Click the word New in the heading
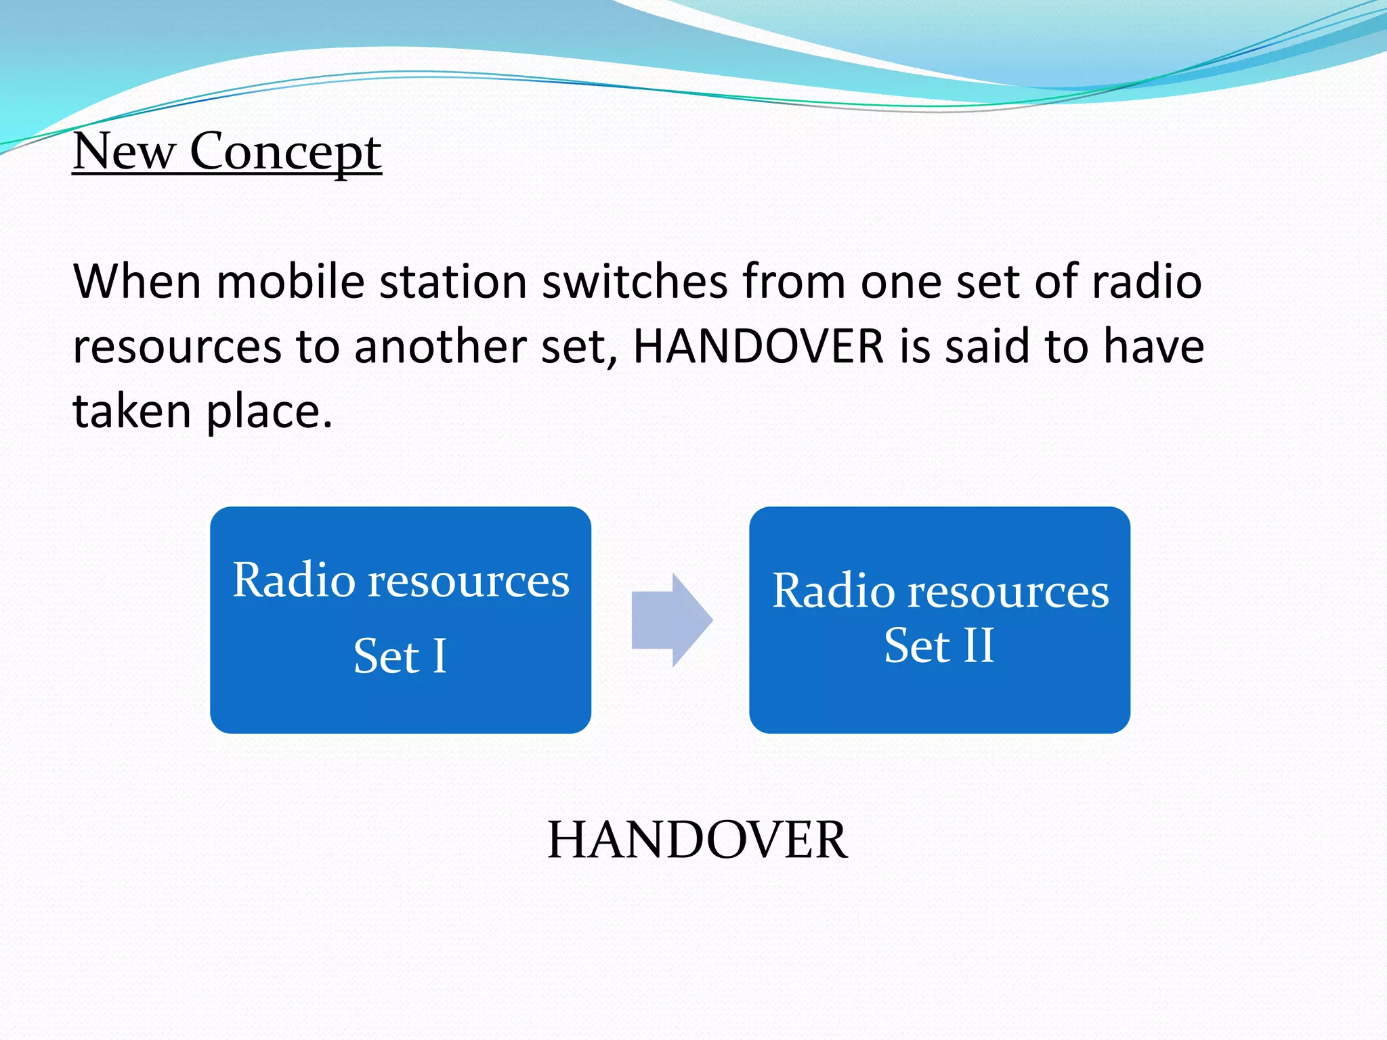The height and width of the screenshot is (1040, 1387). point(123,151)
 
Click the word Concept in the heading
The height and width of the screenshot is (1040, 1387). point(285,152)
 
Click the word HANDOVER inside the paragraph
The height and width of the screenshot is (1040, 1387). point(758,347)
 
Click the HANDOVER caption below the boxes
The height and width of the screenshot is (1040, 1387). point(696,840)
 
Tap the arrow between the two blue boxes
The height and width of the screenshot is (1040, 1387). point(670,620)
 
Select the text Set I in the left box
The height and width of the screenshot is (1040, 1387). point(400,656)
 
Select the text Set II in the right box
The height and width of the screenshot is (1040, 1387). point(939,645)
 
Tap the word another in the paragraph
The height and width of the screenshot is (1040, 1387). point(440,347)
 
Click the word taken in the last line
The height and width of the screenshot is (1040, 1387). point(132,411)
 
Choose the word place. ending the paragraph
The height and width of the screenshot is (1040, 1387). point(269,412)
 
